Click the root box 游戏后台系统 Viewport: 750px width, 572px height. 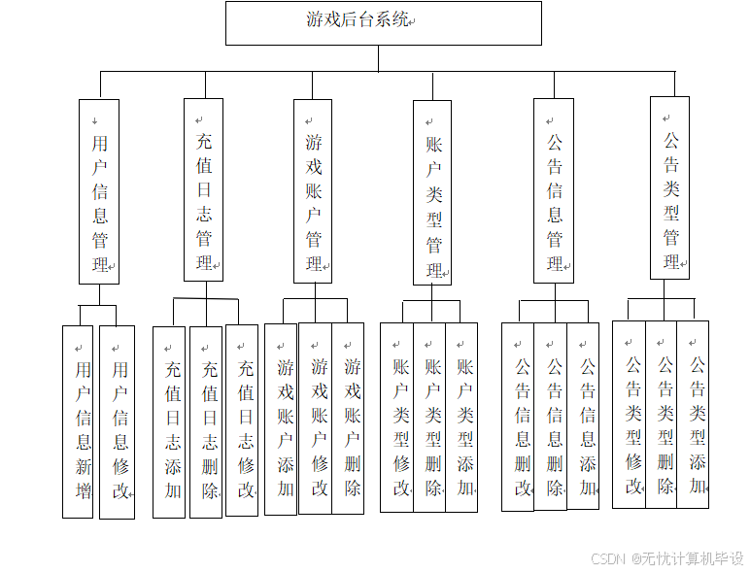tap(383, 22)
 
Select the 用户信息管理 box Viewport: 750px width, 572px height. tap(99, 191)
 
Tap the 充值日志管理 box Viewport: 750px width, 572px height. tap(203, 189)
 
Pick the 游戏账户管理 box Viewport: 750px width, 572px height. tap(314, 190)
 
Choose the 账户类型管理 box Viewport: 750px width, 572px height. tap(432, 192)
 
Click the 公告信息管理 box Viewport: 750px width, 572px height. tap(554, 190)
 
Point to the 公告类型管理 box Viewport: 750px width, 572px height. tap(670, 188)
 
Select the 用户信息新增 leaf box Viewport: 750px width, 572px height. tap(79, 421)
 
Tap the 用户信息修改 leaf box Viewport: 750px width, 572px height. tap(118, 421)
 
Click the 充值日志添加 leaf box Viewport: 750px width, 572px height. tap(169, 421)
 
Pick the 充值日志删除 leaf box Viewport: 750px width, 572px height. tap(206, 421)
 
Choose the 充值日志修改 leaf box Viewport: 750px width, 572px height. tap(242, 420)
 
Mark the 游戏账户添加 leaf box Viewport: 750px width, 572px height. tap(281, 419)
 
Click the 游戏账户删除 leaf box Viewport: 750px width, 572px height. tap(348, 418)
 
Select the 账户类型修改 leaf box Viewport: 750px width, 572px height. tap(396, 418)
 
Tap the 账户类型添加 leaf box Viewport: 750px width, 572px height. tap(461, 418)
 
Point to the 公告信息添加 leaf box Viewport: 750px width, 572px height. tap(583, 417)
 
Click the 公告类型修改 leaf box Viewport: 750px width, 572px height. tap(629, 415)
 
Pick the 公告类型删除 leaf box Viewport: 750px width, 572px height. tap(662, 415)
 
